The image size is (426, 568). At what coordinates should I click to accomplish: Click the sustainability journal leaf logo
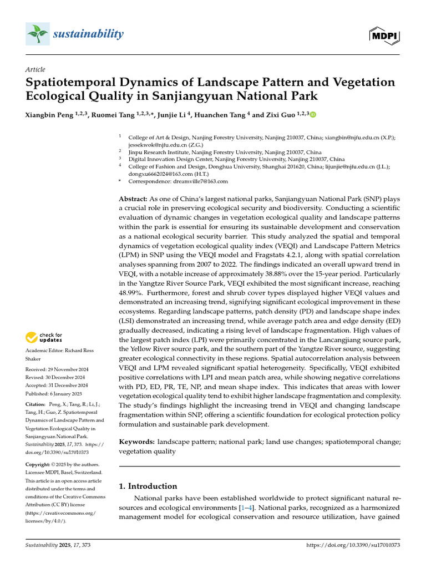pyautogui.click(x=38, y=34)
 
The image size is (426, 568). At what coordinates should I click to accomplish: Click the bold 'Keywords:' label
pyautogui.click(x=137, y=442)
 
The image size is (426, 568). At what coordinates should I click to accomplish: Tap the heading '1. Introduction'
pyautogui.click(x=148, y=486)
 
